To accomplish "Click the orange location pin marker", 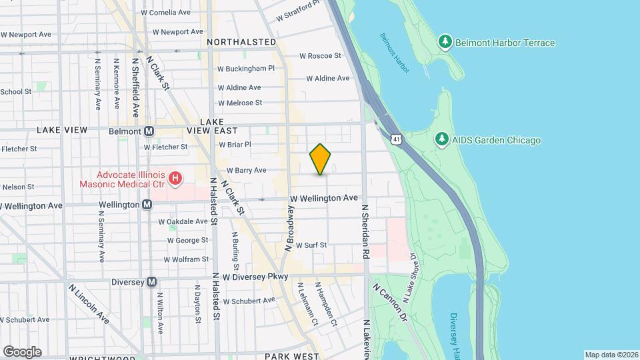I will (321, 159).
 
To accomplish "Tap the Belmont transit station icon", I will (149, 131).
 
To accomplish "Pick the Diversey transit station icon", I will (152, 282).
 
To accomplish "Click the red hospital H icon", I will (175, 178).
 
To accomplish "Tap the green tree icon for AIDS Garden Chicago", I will (440, 139).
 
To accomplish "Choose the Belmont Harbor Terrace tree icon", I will (445, 43).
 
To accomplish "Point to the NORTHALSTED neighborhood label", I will (241, 42).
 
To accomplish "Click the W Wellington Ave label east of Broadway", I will (324, 198).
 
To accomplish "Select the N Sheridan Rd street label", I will (365, 231).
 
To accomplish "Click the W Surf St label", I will (311, 245).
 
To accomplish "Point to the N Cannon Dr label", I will (390, 302).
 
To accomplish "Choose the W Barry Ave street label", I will (247, 171).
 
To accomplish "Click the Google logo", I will (22, 351).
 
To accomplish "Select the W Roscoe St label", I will (320, 56).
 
